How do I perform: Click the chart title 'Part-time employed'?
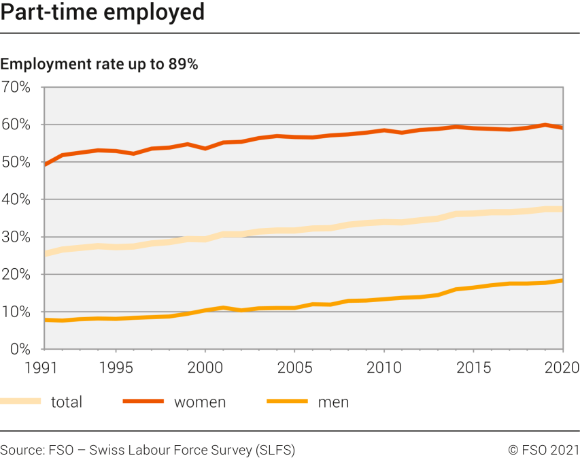coord(102,12)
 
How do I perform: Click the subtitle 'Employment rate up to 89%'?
coord(99,65)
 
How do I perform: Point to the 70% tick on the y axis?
coord(16,87)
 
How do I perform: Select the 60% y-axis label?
coord(16,125)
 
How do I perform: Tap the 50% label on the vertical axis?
coord(16,162)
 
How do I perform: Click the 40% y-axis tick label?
coord(16,199)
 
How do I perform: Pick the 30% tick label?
coord(16,237)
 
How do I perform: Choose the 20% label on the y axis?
coord(16,274)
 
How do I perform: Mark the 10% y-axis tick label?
coord(16,312)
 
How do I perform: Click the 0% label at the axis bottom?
coord(20,349)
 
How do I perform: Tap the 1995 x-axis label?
coord(116,368)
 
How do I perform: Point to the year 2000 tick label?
coord(205,368)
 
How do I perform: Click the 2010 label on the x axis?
coord(384,368)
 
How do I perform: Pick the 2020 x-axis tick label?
coord(561,368)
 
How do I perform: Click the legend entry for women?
coord(199,402)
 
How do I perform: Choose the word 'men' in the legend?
coord(333,402)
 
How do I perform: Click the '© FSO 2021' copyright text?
coord(543,450)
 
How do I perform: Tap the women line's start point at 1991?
coord(45,165)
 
